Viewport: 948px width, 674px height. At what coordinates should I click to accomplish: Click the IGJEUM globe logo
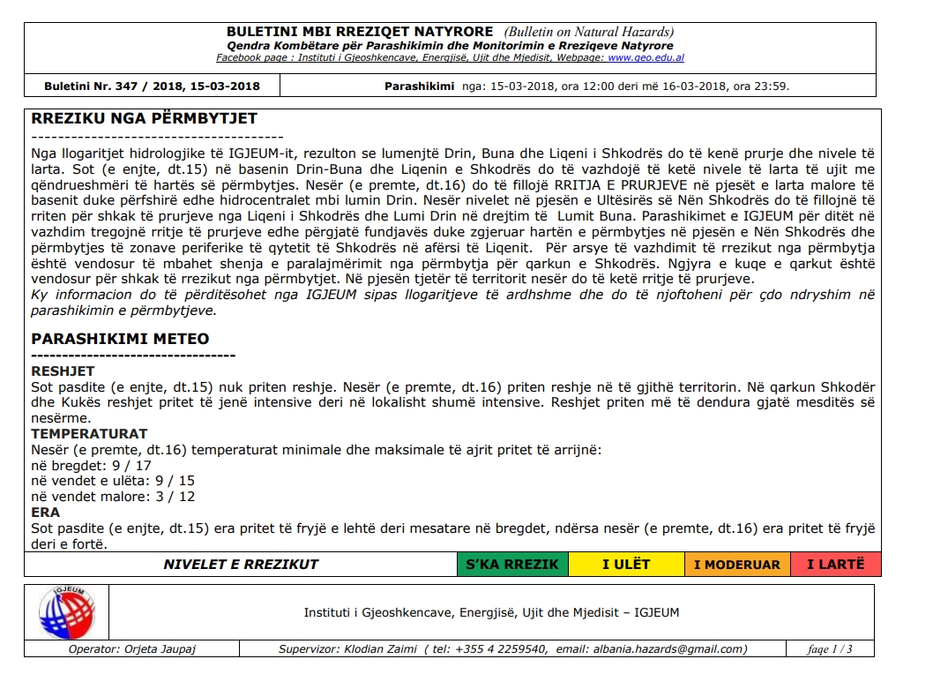[66, 611]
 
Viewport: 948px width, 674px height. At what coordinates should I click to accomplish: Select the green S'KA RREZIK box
[512, 565]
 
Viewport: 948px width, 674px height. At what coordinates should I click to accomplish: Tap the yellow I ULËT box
[626, 565]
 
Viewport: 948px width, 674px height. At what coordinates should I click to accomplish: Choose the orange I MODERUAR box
[736, 565]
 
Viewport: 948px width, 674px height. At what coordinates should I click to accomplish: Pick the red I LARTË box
[835, 565]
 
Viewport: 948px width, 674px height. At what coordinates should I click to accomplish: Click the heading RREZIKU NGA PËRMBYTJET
[144, 118]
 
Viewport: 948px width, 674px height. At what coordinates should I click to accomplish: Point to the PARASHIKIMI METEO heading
[120, 339]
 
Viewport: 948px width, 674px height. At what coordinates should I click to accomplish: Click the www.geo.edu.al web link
[646, 58]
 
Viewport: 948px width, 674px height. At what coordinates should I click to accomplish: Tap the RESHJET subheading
[63, 371]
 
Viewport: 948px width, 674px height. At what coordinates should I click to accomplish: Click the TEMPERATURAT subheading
[89, 434]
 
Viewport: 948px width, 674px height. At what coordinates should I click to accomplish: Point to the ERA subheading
[46, 512]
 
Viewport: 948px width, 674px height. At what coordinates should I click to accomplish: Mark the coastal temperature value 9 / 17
[131, 465]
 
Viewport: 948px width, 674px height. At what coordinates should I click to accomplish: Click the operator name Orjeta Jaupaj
[158, 649]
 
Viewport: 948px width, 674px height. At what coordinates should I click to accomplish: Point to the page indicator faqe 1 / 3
[830, 649]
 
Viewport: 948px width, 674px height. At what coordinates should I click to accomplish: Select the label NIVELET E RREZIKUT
[241, 565]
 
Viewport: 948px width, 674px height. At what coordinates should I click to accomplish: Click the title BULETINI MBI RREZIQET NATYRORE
[347, 33]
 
